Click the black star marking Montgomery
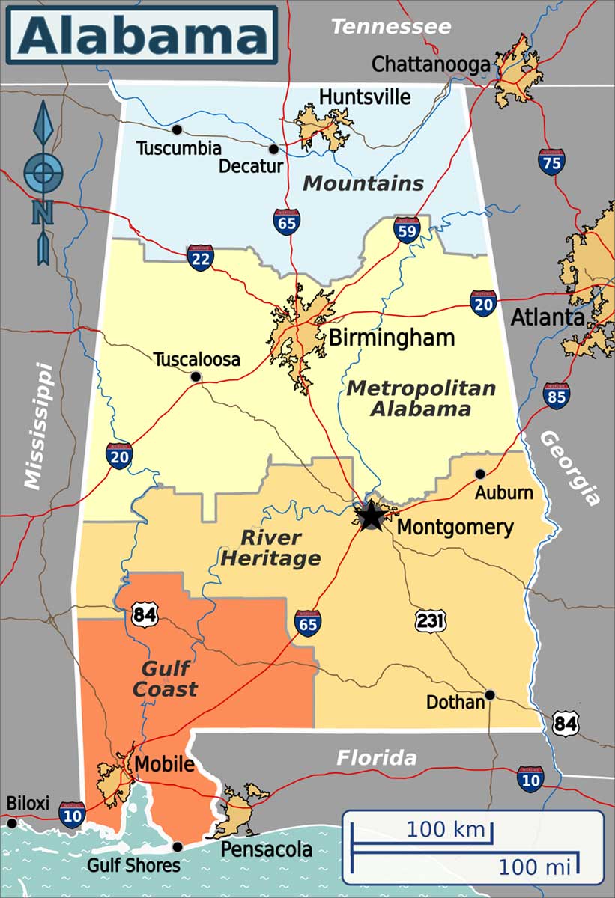pos(370,516)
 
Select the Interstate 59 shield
pos(407,230)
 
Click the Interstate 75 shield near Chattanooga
pos(551,162)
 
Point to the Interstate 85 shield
pos(557,395)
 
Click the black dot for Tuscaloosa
pos(196,377)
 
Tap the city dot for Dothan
pos(490,694)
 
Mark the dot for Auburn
pos(480,474)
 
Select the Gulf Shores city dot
pos(178,846)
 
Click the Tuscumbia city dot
pos(177,129)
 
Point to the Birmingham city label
pos(392,337)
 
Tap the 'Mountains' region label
pos(363,183)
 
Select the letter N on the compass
pos(43,212)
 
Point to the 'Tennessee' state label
pos(391,28)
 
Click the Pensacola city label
pos(266,849)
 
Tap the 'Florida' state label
pos(376,757)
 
